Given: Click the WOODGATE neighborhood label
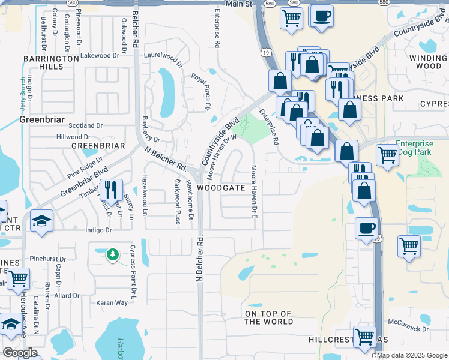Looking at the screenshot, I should (x=221, y=188).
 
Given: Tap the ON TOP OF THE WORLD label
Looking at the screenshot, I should (x=268, y=317).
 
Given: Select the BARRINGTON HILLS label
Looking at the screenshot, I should (x=51, y=62).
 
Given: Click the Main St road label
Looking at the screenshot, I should (x=237, y=4).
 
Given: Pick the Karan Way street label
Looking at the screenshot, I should (x=113, y=302).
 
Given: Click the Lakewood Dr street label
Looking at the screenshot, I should (x=100, y=55).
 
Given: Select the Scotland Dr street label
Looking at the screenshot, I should (x=86, y=125).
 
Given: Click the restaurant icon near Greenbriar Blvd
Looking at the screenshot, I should (x=110, y=190).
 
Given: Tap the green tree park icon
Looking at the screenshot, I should (x=112, y=255).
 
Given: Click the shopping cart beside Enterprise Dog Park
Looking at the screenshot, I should (x=388, y=155).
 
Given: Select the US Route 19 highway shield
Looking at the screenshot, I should (x=265, y=55).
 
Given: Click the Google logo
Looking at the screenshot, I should (x=20, y=352).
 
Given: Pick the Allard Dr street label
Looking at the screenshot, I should (x=67, y=295).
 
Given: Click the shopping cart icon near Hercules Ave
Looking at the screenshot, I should (x=18, y=278).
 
